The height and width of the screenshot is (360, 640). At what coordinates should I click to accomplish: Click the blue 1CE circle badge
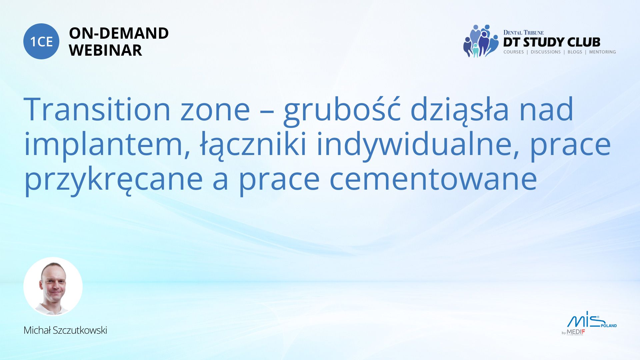click(41, 41)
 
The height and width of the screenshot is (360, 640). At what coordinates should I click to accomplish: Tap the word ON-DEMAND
click(119, 33)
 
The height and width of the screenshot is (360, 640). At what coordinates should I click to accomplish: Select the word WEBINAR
click(105, 50)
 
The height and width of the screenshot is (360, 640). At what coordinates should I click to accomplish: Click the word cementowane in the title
click(433, 180)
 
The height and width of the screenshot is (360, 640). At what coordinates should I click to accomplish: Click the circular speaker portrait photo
click(53, 287)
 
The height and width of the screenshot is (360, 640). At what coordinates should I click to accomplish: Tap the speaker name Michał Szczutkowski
click(65, 330)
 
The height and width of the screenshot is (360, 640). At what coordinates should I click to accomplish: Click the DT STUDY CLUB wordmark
click(552, 42)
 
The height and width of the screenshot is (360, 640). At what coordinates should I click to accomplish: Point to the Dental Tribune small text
click(523, 33)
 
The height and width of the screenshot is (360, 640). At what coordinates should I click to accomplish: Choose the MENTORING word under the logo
click(602, 52)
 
